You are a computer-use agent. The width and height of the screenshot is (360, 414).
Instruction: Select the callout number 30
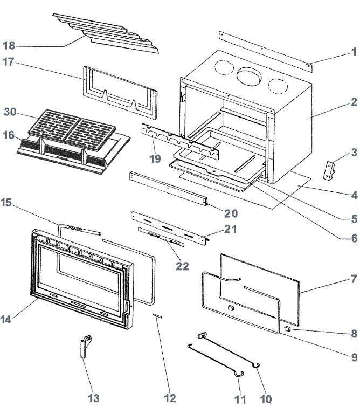tap(10, 112)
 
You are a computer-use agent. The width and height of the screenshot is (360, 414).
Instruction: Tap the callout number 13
tap(93, 398)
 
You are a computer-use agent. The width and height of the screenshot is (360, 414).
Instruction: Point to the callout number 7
tap(354, 279)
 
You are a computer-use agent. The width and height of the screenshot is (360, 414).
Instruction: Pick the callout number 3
tap(354, 153)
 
